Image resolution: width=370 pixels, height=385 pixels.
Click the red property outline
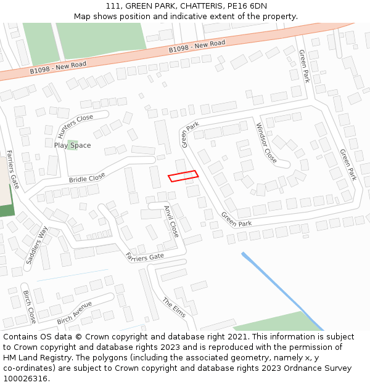tap(183, 176)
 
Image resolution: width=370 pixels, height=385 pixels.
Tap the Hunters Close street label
tap(75, 126)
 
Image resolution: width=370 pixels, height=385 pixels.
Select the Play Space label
tap(72, 145)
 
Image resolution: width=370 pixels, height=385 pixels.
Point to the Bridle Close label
tap(87, 179)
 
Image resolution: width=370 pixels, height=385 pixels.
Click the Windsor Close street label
tap(266, 143)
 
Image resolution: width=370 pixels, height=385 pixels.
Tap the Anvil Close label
tap(171, 221)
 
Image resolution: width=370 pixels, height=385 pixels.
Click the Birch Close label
tap(29, 307)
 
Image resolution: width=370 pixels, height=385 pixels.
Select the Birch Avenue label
tap(74, 312)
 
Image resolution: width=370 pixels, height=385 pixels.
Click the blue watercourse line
tap(282, 291)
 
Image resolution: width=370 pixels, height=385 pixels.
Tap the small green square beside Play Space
tap(72, 145)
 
